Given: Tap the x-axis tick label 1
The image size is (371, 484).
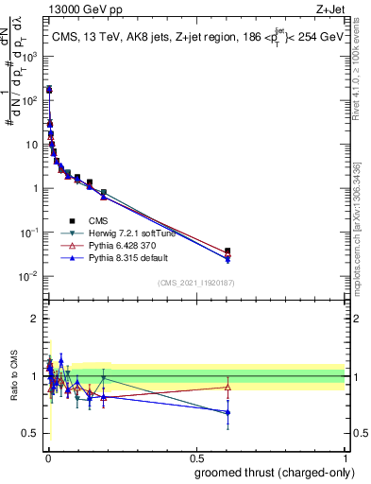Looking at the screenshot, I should (346, 457).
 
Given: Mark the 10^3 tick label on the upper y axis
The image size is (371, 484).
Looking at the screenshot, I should (32, 56).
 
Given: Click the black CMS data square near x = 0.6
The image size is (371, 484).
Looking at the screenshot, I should (228, 251).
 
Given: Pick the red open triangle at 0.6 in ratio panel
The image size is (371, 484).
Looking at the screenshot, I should (228, 387).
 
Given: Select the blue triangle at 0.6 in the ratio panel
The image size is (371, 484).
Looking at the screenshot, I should (228, 412).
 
